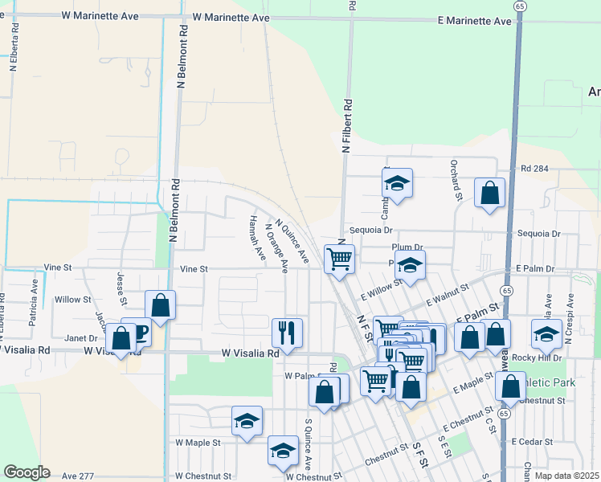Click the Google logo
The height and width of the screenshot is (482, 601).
(x=27, y=472)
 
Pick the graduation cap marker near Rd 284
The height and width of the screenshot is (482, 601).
(x=397, y=183)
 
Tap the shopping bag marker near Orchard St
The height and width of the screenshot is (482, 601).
(x=489, y=193)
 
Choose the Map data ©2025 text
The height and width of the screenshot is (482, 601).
(x=566, y=476)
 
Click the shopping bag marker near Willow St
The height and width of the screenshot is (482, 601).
(x=160, y=305)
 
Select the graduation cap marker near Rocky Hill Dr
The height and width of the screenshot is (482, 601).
(x=546, y=333)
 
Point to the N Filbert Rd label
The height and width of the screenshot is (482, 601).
(x=347, y=126)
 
